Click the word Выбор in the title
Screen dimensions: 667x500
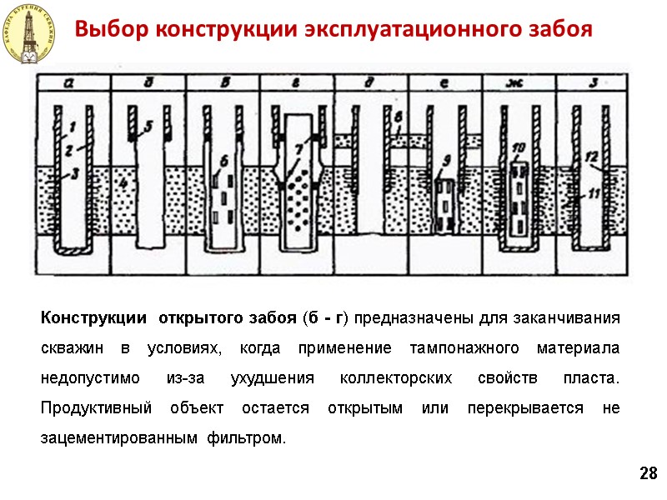106,30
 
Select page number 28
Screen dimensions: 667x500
648,474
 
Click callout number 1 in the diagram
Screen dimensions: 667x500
73,126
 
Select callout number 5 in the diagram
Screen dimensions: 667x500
148,127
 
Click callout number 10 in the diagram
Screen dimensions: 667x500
519,149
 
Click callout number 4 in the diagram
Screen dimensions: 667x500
123,182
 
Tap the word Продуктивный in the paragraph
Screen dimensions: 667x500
96,408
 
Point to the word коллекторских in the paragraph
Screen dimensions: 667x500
390,378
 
